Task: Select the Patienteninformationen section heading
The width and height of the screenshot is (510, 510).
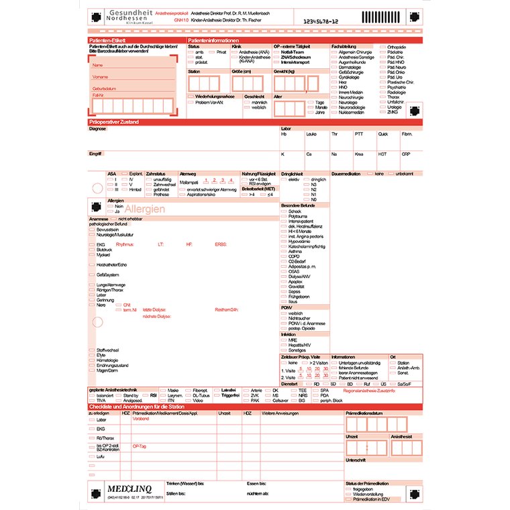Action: [x=213, y=41]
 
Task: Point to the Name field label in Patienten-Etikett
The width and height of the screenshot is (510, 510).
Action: [x=98, y=65]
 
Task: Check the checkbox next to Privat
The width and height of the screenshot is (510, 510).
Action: [x=212, y=52]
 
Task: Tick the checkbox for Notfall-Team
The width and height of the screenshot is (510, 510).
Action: [x=277, y=52]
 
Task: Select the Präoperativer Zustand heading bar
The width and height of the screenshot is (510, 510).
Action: [x=114, y=121]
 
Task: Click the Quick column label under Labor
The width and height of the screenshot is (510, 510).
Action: [x=382, y=134]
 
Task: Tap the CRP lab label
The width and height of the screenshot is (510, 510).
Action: [x=406, y=154]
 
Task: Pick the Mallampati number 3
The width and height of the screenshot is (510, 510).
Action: [x=222, y=180]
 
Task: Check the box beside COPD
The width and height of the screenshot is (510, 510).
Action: [x=284, y=256]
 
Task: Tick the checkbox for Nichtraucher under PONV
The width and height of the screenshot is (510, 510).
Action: [x=284, y=318]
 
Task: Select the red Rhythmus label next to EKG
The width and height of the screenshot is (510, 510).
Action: [x=125, y=245]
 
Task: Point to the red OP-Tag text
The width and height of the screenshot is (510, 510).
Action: [x=139, y=446]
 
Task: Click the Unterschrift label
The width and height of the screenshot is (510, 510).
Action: [x=355, y=461]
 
